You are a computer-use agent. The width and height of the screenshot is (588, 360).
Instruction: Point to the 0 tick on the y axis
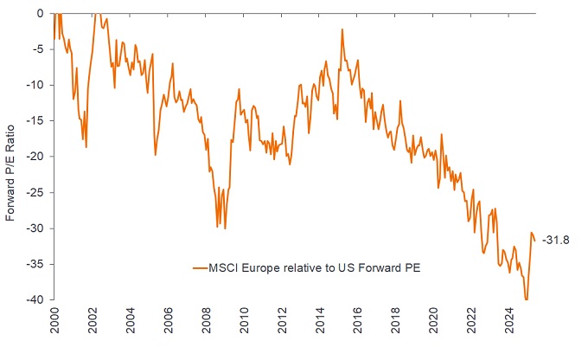40,13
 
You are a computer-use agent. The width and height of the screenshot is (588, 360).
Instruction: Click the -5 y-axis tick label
38,49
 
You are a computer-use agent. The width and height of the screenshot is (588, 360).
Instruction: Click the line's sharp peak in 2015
342,29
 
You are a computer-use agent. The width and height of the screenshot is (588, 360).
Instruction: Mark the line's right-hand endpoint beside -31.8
534,241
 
